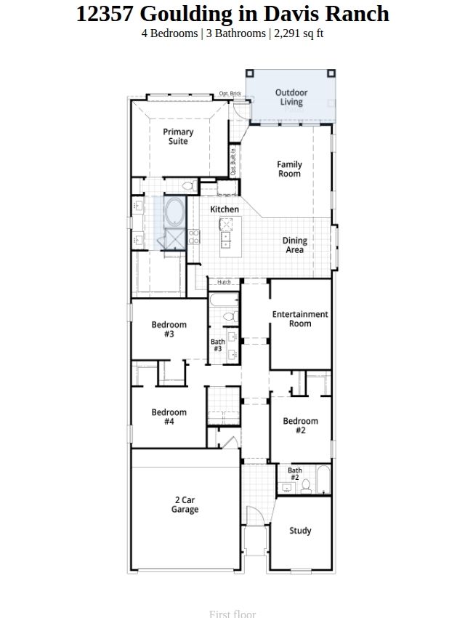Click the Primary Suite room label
178,137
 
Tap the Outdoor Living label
291,97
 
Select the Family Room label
289,169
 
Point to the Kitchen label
225,209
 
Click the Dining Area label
294,245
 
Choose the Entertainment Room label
300,319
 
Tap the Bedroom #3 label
169,329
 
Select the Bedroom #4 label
169,417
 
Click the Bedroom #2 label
300,425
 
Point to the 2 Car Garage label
185,505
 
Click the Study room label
300,531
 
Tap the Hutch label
224,282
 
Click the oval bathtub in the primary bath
174,212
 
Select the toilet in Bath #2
306,486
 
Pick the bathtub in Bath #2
323,480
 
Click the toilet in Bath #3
231,316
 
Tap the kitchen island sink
225,240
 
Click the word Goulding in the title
187,14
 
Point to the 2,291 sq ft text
299,33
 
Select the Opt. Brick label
230,93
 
